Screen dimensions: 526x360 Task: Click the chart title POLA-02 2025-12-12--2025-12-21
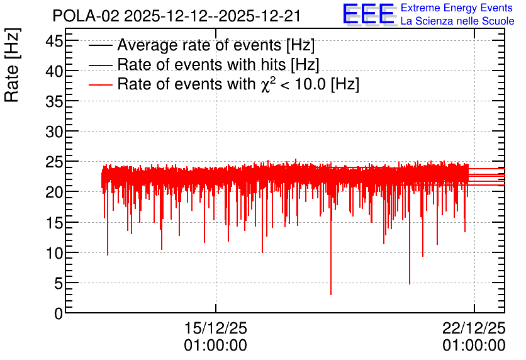(176, 16)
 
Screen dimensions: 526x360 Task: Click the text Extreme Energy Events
(457, 8)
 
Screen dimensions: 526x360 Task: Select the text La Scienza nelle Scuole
(457, 21)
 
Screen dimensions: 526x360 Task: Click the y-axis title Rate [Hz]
(12, 65)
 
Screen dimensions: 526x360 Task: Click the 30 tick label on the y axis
(54, 132)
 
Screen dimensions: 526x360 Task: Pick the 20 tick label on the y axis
(54, 192)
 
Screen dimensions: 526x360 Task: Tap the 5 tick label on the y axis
(59, 283)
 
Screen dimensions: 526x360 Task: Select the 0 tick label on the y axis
(59, 313)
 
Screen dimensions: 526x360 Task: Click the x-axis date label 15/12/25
(215, 328)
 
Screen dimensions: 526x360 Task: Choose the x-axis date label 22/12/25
(474, 328)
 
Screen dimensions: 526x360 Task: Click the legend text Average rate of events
(200, 45)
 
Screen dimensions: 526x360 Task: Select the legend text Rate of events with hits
(202, 64)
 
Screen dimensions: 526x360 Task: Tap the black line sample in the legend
(100, 45)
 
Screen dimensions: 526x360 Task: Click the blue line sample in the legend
(100, 65)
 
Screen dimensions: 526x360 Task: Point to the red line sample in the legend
(100, 85)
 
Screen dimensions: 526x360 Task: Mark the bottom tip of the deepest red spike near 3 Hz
(331, 295)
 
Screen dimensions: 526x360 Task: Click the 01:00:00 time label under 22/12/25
(474, 346)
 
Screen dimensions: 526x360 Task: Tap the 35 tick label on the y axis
(54, 101)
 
